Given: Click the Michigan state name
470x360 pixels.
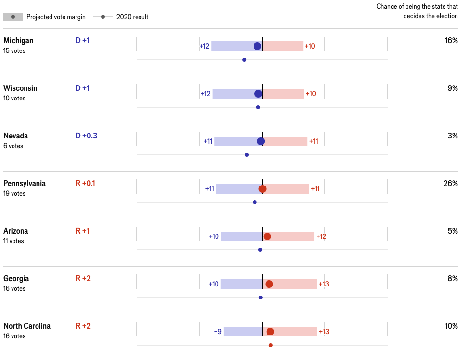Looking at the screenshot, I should point(18,41).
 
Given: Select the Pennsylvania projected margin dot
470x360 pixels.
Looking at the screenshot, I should point(262,189).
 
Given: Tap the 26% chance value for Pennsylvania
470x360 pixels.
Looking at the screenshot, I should point(450,183).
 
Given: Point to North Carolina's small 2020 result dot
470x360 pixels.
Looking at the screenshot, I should point(271,345).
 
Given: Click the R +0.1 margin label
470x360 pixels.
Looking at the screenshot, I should point(85,183).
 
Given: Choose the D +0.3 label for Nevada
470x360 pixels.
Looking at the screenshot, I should point(86,136).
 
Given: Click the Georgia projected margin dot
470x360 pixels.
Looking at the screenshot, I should point(269,284).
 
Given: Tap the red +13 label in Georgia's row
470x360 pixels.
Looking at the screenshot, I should point(324,284).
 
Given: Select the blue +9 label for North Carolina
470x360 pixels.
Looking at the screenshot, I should point(217,332).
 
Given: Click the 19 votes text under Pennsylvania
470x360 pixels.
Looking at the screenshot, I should point(14,193).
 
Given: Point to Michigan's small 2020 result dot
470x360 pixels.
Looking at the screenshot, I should point(244,60).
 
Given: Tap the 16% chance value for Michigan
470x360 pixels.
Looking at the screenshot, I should point(451,40).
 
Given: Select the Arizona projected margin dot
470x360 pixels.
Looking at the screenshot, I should point(267,236).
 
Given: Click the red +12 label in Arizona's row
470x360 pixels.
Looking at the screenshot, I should point(321,236).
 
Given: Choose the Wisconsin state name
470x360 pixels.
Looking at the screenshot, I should point(20,88).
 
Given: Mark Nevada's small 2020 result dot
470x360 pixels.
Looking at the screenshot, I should point(247,155).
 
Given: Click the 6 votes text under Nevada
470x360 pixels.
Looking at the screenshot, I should point(13,146).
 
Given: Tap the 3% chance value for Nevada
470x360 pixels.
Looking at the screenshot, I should point(453,136).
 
